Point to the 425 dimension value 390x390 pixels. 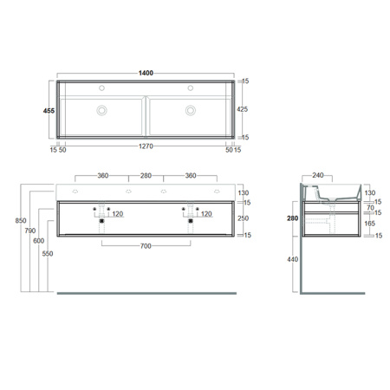pyautogui.click(x=244, y=110)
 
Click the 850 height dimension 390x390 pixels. pyautogui.click(x=8, y=221)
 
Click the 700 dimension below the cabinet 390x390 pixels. pyautogui.click(x=146, y=246)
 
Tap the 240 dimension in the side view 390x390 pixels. pyautogui.click(x=319, y=176)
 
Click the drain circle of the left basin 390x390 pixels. pyautogui.click(x=102, y=110)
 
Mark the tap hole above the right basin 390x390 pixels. pyautogui.click(x=188, y=88)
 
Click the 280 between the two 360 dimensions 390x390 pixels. pyautogui.click(x=146, y=176)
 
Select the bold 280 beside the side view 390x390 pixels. pyautogui.click(x=295, y=218)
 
